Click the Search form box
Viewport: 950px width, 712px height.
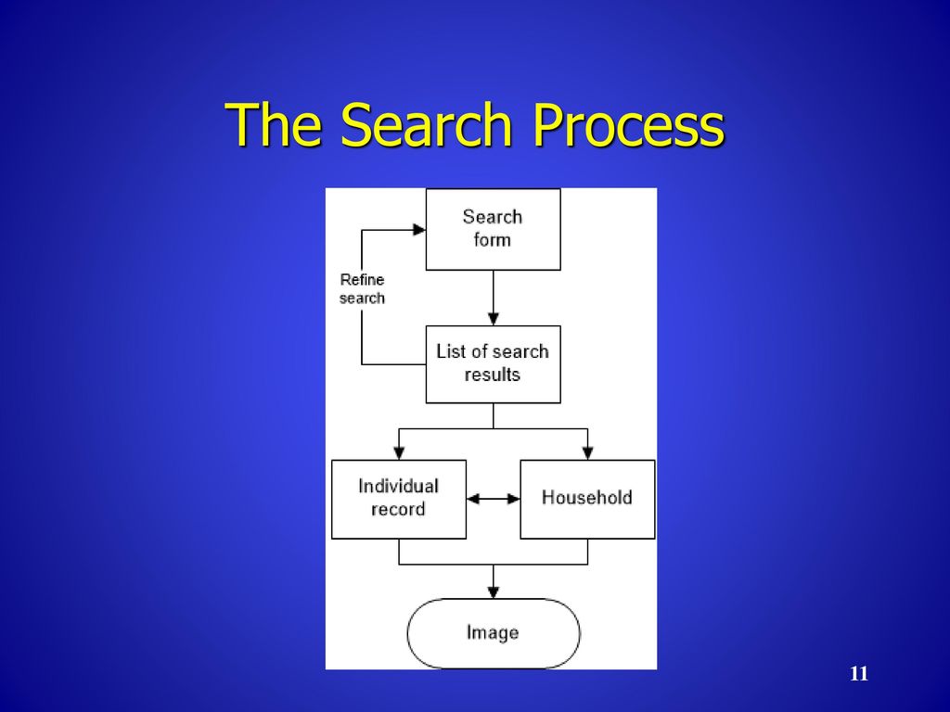494,230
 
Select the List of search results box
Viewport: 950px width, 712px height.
494,364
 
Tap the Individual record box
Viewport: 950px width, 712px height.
399,500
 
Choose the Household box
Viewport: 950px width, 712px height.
587,500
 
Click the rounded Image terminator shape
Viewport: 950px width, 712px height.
494,633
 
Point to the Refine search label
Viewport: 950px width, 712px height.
363,289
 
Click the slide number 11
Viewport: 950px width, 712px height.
859,674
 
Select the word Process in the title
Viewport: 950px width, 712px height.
628,124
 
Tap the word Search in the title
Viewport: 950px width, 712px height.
427,124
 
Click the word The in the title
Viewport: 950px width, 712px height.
273,124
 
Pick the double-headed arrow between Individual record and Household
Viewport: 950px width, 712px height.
494,499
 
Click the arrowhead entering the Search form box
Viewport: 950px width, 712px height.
419,230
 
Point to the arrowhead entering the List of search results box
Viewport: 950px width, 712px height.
494,319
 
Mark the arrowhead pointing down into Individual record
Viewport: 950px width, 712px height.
399,453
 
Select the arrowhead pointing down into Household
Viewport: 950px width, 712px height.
587,453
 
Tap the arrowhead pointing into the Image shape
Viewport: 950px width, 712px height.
494,592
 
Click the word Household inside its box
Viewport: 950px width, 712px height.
587,498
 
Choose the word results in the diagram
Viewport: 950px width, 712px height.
493,375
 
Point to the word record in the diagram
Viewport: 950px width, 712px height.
398,510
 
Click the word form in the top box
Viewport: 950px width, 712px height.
493,240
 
